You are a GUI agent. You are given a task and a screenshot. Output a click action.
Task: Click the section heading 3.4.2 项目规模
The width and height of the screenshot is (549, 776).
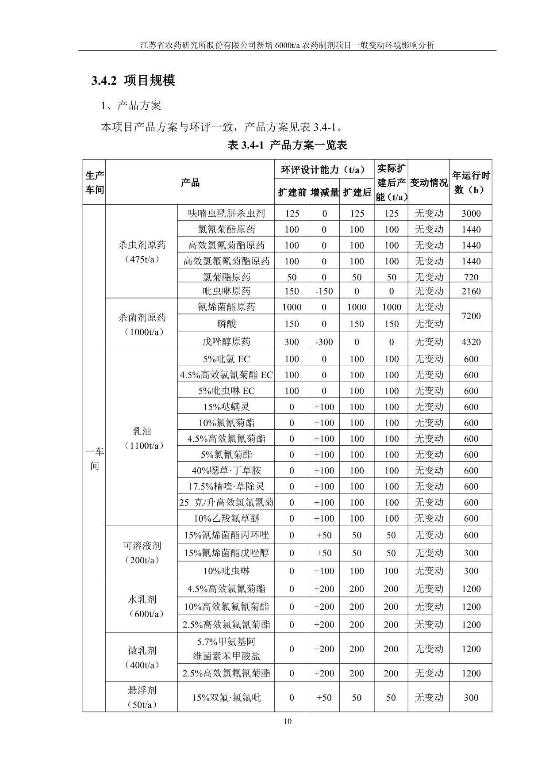pyautogui.click(x=133, y=80)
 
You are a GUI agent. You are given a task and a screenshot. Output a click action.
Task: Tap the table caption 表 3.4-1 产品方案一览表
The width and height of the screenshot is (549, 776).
pyautogui.click(x=287, y=145)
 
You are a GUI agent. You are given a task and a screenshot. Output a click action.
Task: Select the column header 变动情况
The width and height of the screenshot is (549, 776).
pyautogui.click(x=429, y=183)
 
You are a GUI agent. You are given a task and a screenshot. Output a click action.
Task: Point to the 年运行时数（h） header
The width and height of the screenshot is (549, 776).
pyautogui.click(x=471, y=183)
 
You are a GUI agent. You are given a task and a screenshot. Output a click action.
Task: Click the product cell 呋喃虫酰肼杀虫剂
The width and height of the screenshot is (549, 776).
pyautogui.click(x=226, y=214)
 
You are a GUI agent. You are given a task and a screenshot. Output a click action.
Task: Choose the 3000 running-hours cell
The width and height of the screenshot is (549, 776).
pyautogui.click(x=471, y=214)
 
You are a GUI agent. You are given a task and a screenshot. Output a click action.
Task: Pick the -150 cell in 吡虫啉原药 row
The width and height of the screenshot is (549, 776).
pyautogui.click(x=324, y=291)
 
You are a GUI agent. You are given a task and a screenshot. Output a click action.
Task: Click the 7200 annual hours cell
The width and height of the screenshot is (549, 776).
pyautogui.click(x=471, y=316)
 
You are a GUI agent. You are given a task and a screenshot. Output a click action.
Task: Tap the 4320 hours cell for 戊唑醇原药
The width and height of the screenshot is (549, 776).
pyautogui.click(x=471, y=342)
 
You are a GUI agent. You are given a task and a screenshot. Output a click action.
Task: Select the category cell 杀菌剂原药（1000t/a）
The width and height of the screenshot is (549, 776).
pyautogui.click(x=142, y=325)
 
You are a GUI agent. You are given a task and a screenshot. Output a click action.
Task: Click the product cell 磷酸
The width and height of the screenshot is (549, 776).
pyautogui.click(x=226, y=324)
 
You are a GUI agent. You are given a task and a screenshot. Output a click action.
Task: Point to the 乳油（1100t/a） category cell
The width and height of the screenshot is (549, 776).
pyautogui.click(x=142, y=438)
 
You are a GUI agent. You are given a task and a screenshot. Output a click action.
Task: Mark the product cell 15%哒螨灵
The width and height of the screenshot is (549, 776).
pyautogui.click(x=226, y=407)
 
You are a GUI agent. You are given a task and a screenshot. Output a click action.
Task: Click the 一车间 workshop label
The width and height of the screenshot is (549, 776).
pyautogui.click(x=94, y=459)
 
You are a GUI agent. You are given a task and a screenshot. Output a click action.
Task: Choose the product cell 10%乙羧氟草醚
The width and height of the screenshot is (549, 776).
pyautogui.click(x=226, y=518)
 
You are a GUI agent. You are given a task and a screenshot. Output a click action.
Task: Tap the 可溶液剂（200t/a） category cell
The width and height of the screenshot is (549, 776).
pyautogui.click(x=142, y=553)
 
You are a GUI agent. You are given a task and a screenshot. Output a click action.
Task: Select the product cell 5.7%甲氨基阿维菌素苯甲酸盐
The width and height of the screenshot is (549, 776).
pyautogui.click(x=226, y=649)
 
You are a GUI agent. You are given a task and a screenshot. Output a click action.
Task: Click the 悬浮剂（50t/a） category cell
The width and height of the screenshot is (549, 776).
pyautogui.click(x=142, y=697)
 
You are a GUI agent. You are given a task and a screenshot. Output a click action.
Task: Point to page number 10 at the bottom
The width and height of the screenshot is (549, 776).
pyautogui.click(x=288, y=722)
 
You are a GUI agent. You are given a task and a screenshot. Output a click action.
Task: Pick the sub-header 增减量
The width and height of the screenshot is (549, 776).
pyautogui.click(x=324, y=192)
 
